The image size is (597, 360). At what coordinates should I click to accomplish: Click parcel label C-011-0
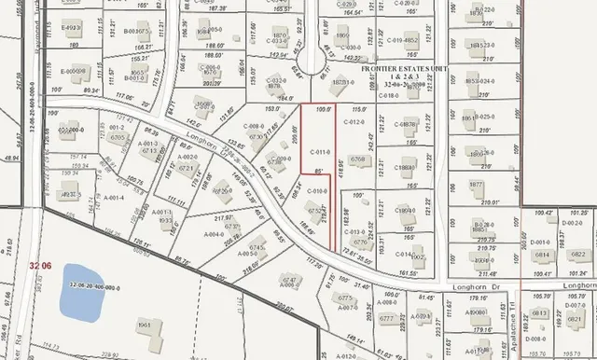(319, 150)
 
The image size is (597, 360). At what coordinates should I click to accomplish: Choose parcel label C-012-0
(353, 122)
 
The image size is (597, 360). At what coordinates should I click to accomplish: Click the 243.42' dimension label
(373, 142)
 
